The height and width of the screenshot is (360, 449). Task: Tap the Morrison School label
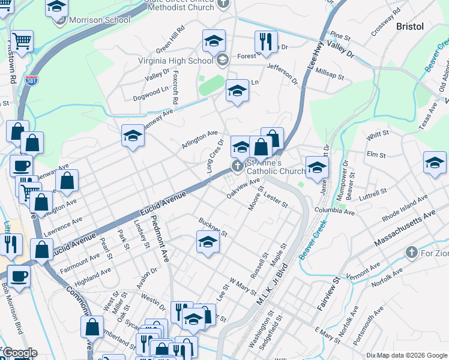[x=100, y=20]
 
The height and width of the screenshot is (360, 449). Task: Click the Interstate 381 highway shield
[x=32, y=79]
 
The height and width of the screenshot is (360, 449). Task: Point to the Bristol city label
[x=410, y=26]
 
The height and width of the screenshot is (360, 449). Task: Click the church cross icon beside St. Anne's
[x=237, y=166]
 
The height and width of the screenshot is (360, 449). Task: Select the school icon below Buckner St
[x=208, y=242]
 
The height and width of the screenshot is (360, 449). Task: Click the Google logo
[x=20, y=353]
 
